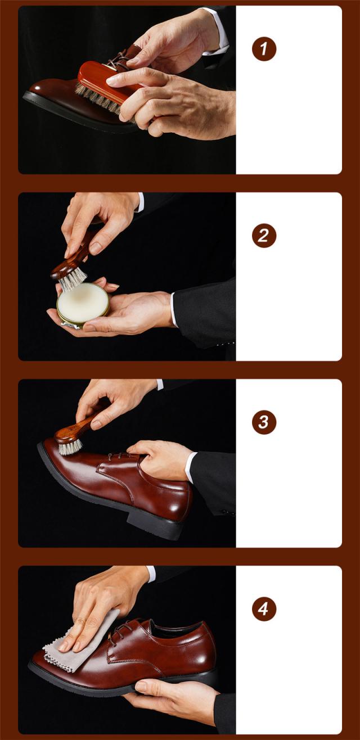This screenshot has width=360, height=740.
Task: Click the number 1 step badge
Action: point(264,49)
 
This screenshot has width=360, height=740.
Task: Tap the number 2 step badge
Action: point(264,236)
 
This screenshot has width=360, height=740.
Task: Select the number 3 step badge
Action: point(264,422)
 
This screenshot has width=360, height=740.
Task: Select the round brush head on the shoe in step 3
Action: point(70,441)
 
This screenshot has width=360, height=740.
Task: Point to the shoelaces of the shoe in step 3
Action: point(127,457)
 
